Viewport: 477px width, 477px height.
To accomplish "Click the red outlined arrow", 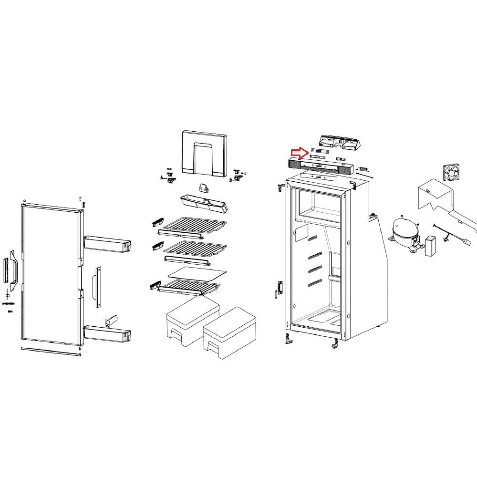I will (299, 153).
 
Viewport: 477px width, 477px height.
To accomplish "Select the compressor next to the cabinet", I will (404, 233).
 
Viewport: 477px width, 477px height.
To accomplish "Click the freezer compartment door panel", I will (204, 154).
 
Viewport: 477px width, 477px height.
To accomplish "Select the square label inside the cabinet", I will (301, 232).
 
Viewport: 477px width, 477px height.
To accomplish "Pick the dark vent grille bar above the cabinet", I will (320, 166).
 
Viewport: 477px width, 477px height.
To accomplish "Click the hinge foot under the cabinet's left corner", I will (289, 339).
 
